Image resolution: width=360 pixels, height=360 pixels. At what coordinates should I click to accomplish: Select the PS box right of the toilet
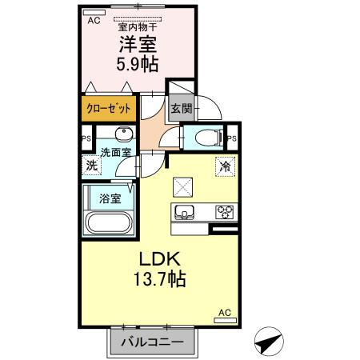coord(230,138)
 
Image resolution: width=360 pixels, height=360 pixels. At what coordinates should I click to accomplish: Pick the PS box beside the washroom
coord(86,138)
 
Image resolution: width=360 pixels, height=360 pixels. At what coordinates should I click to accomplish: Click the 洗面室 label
coord(115,152)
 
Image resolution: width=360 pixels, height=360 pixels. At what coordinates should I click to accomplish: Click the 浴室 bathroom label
coord(110,196)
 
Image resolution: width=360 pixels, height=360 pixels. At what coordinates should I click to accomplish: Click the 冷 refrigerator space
coord(225,166)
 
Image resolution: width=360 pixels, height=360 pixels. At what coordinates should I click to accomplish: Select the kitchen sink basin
coord(184,213)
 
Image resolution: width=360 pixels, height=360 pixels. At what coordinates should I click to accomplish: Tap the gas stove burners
coord(223,213)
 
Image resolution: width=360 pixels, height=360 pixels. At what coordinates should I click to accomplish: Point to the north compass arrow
coord(270,342)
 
